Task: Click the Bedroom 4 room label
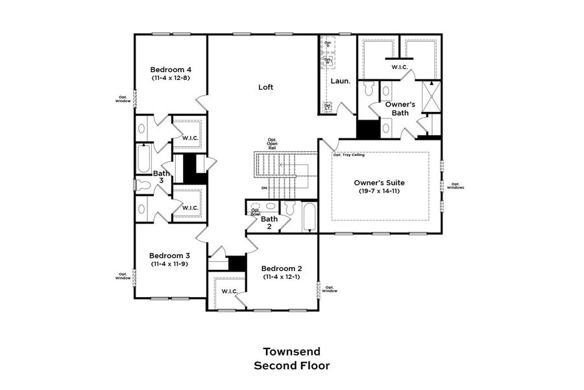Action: coord(170,70)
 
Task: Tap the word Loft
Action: coord(265,87)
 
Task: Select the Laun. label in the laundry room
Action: coord(341,81)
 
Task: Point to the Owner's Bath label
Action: coord(400,108)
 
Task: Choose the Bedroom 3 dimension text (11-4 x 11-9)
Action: coord(170,264)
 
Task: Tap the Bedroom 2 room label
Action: coord(282,268)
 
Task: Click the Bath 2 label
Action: coord(269,223)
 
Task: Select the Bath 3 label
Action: coord(162,177)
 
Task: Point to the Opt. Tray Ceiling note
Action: coord(348,155)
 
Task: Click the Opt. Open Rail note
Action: coord(272,144)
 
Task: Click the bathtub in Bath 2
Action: coord(310,218)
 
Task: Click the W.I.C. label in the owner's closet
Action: coord(398,67)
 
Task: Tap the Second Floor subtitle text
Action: coord(291,366)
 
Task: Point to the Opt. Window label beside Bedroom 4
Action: coord(122,99)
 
